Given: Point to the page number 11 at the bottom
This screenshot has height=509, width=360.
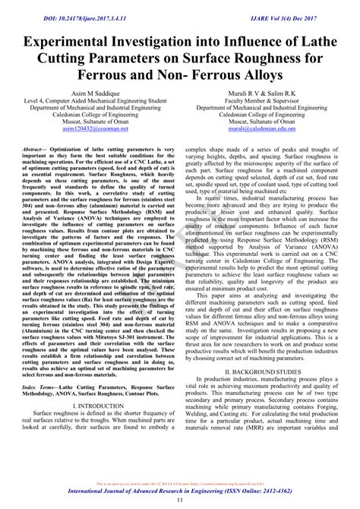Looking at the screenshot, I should pyautogui.click(x=180, y=501).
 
